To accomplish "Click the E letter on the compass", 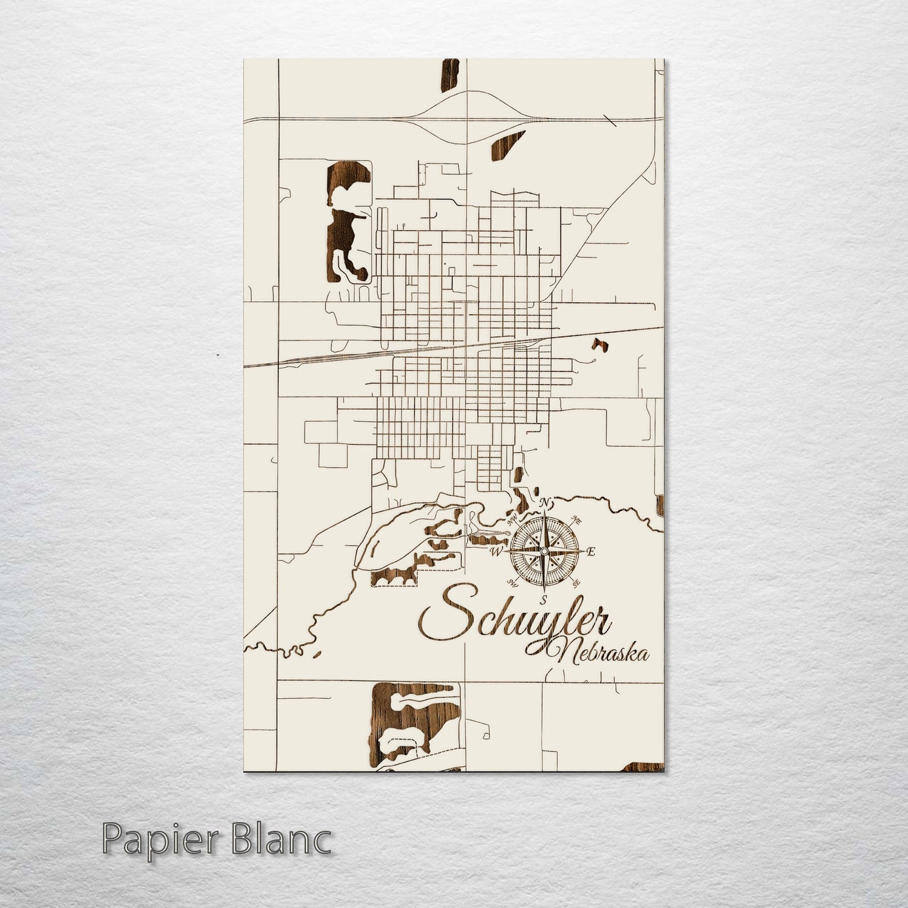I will (590, 552).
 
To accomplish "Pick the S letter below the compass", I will (544, 598).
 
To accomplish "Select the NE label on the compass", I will (576, 520).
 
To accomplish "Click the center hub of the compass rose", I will (544, 552).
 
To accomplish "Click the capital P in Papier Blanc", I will (111, 840).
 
